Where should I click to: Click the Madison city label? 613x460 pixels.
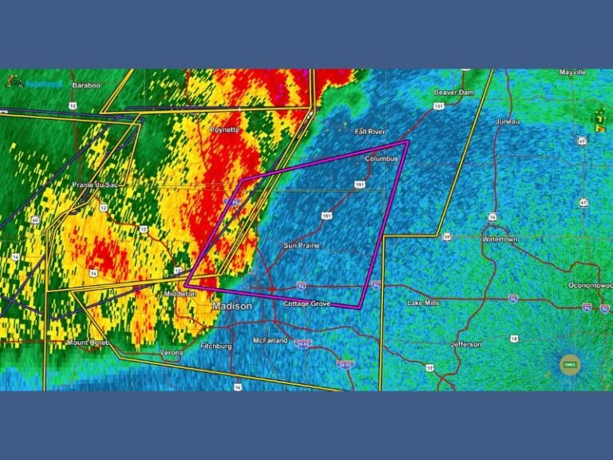[x=232, y=306]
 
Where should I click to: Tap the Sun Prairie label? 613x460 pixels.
[x=302, y=245]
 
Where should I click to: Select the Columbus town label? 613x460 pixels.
[x=382, y=159]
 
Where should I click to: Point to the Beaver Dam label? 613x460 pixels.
[x=453, y=93]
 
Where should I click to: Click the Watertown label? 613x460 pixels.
[x=500, y=239]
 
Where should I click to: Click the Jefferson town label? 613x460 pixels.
[x=466, y=344]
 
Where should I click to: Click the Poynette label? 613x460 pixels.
[x=224, y=129]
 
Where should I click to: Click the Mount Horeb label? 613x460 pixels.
[x=88, y=343]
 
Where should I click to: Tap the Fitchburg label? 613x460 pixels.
[x=216, y=347]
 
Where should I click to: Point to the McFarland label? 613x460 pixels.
[x=270, y=341]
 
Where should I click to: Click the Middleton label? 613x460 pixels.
[x=180, y=294]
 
